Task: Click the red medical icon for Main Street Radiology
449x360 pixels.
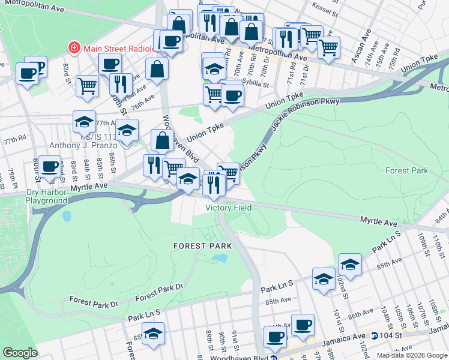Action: [74, 47]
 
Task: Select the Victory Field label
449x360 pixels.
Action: [228, 207]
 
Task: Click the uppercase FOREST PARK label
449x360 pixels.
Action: [197, 246]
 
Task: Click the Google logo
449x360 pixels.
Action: [20, 353]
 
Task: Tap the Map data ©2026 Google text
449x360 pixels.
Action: [412, 355]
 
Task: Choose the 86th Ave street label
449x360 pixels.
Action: [361, 314]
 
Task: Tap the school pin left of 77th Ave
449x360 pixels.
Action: [84, 122]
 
